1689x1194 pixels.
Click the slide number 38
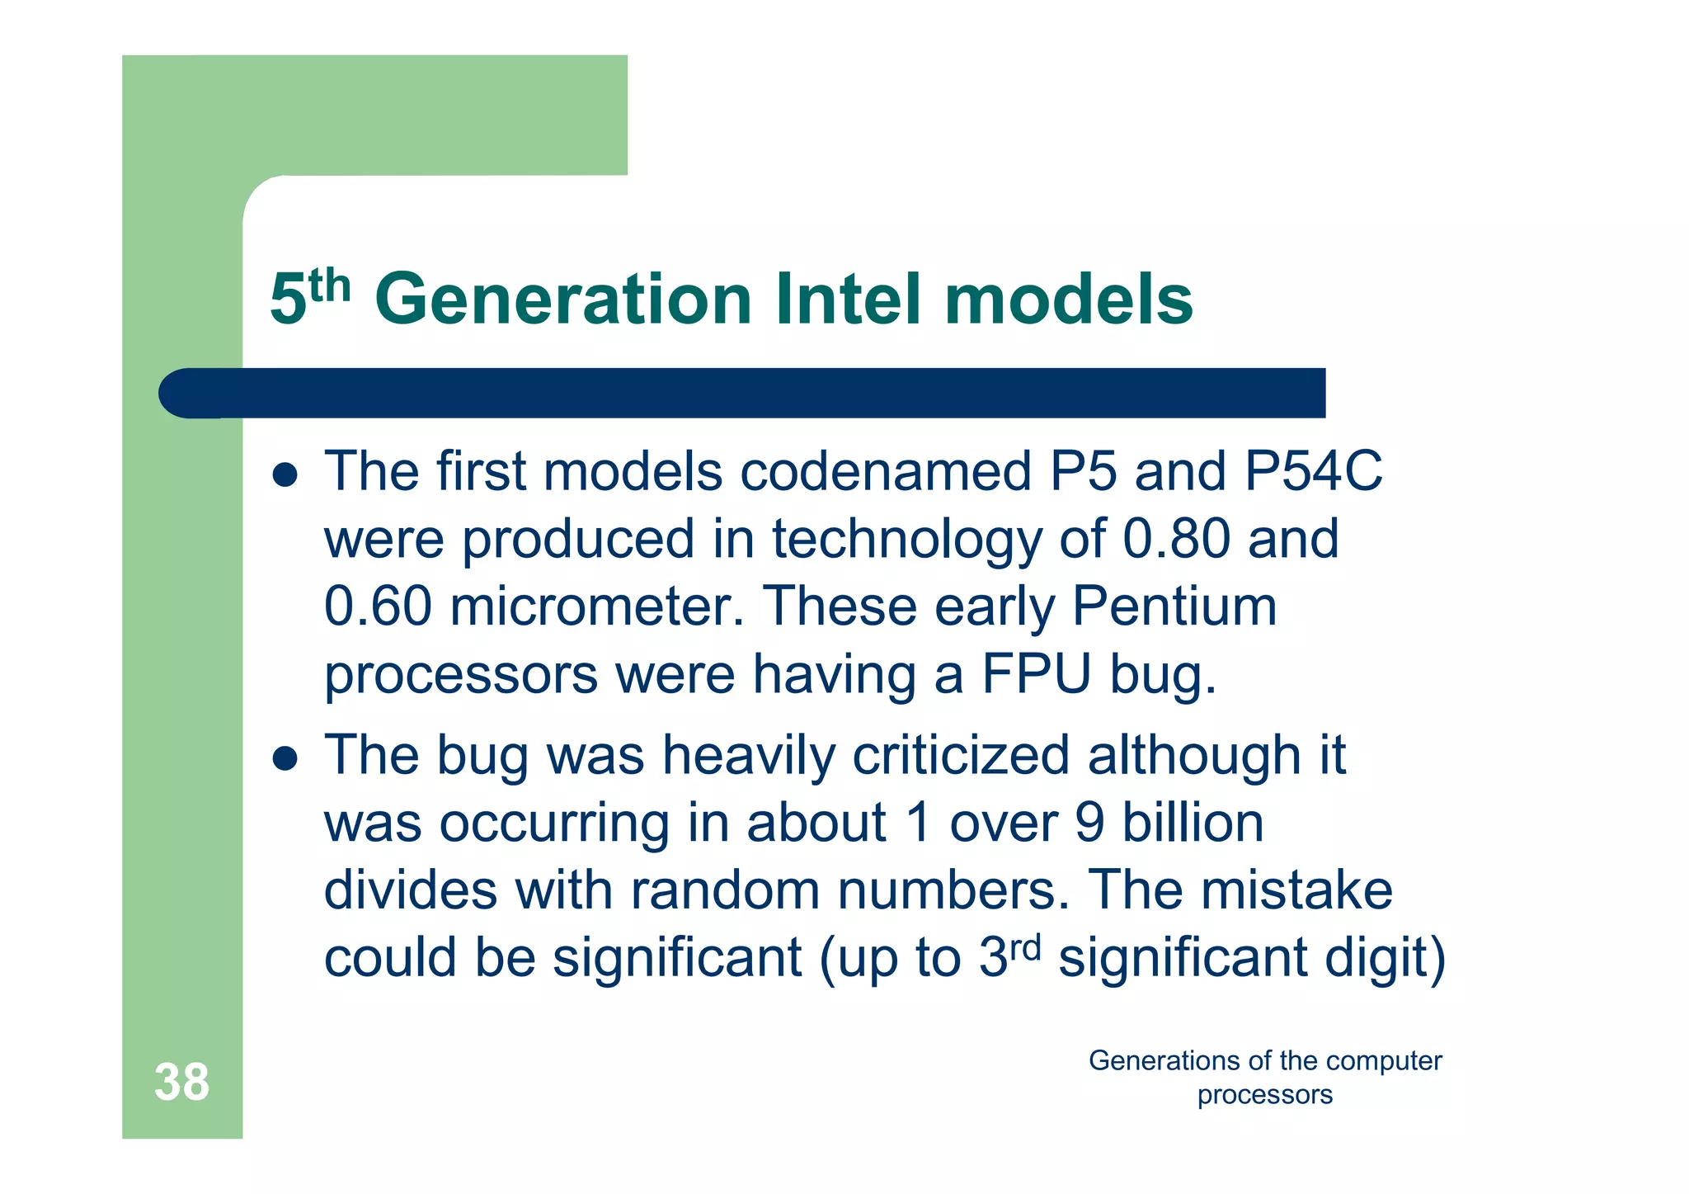[181, 1082]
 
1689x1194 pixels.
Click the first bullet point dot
[285, 475]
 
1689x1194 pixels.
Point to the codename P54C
[1313, 472]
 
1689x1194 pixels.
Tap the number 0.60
[378, 607]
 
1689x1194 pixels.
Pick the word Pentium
[1174, 607]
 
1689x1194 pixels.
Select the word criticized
[960, 756]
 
